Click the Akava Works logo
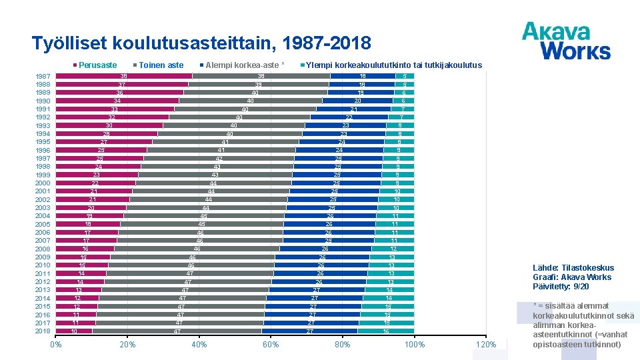point(565,41)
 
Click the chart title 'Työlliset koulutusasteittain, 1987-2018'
point(201,44)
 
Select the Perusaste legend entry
point(97,65)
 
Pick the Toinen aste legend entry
point(161,65)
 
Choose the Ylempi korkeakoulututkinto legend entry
point(393,65)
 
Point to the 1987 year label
point(43,76)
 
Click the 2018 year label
point(43,331)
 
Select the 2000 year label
point(43,183)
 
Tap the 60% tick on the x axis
point(271,345)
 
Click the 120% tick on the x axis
point(487,345)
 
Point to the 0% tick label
point(56,345)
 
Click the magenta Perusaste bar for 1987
point(124,76)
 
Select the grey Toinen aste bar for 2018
point(177,331)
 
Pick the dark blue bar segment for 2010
point(321,265)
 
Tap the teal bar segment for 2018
point(386,331)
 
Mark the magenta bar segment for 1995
point(104,142)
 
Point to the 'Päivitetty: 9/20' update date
point(561,287)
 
